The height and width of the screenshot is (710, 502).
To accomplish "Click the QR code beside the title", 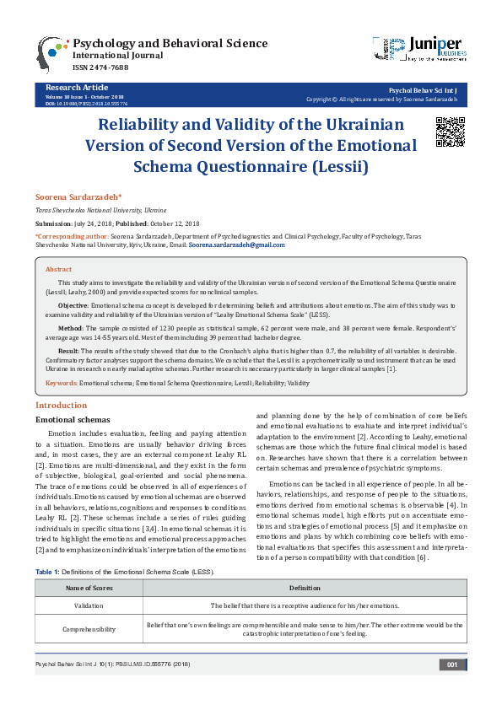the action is pyautogui.click(x=450, y=132).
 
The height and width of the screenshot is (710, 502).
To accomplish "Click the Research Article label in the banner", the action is pyautogui.click(x=77, y=87).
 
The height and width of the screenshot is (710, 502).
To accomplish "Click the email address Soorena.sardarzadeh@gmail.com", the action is pyautogui.click(x=236, y=245).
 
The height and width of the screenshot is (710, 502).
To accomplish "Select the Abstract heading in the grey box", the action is pyautogui.click(x=58, y=269).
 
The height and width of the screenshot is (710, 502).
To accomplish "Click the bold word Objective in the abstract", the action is pyautogui.click(x=74, y=304).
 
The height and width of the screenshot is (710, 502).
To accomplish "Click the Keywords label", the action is pyautogui.click(x=61, y=383).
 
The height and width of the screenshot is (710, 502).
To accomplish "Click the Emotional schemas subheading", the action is pyautogui.click(x=72, y=419).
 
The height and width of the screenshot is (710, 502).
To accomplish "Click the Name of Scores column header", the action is pyautogui.click(x=89, y=587).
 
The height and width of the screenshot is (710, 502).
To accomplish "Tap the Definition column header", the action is pyautogui.click(x=305, y=587).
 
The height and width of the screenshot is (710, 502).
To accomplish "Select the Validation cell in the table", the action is pyautogui.click(x=89, y=605).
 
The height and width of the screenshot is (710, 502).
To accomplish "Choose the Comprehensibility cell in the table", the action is pyautogui.click(x=89, y=629).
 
